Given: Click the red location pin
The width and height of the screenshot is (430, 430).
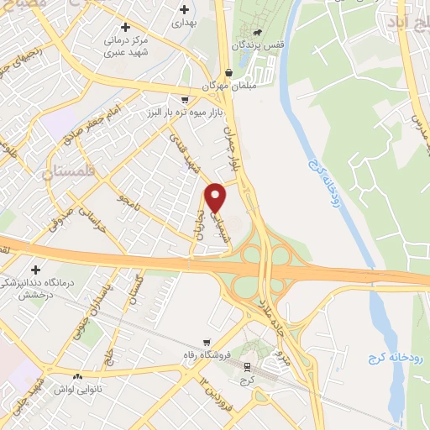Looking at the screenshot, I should (x=216, y=197).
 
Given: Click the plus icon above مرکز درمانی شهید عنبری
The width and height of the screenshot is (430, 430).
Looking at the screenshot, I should (x=125, y=27).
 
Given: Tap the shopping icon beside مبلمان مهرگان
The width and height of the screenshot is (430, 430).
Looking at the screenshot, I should (x=229, y=73).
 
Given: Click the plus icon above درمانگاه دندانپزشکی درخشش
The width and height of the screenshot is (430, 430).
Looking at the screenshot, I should (x=35, y=270).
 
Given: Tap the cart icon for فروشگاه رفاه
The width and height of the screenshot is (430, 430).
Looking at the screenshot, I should (x=207, y=342).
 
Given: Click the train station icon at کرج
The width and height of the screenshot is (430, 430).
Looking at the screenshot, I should (x=247, y=367).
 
